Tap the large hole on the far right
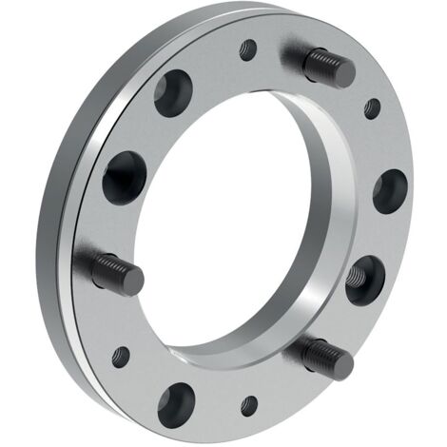[390, 190]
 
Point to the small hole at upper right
[373, 107]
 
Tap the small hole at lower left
[121, 358]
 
